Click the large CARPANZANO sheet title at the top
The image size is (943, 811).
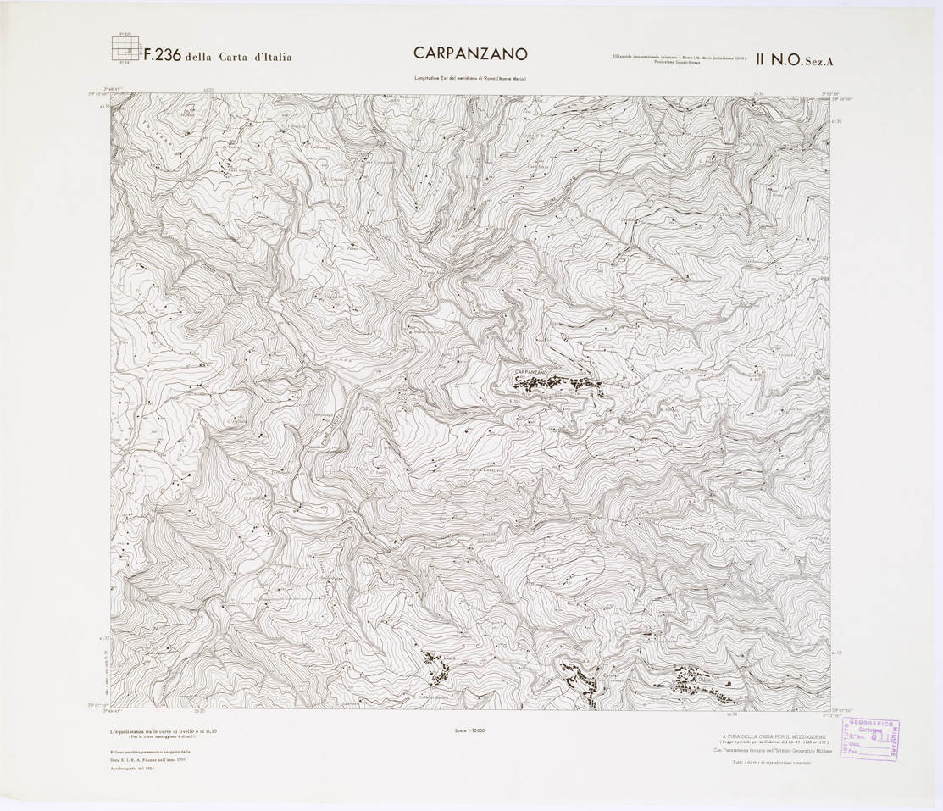[470, 53]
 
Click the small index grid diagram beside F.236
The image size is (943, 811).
[125, 48]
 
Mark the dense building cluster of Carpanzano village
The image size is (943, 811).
[576, 383]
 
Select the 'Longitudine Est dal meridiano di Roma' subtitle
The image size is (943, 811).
[470, 78]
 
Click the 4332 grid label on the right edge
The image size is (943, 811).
[837, 652]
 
